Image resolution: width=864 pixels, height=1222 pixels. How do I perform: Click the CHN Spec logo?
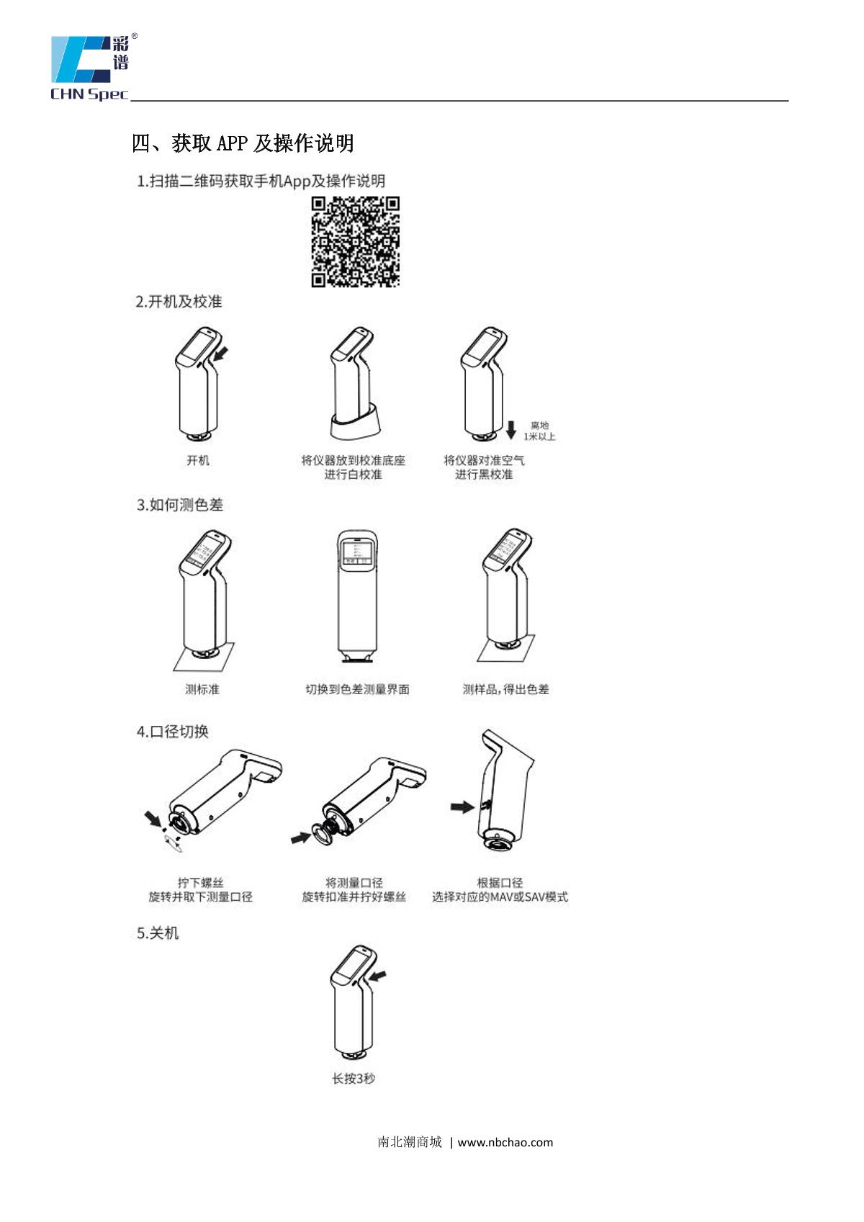coord(94,68)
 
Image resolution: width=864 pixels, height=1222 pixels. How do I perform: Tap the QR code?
coord(355,242)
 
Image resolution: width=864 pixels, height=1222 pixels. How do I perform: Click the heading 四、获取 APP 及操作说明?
coord(243,143)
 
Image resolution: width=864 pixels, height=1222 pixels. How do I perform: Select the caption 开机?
coord(197,460)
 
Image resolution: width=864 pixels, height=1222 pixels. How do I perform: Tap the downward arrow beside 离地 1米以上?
coord(510,430)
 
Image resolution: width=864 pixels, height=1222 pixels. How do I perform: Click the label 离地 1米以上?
coord(539,431)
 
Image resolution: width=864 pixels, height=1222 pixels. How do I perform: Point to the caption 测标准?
coord(202,690)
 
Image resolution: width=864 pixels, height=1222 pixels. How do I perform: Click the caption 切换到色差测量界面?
coord(357,690)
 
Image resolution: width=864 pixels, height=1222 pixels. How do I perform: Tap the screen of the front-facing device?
coord(356,552)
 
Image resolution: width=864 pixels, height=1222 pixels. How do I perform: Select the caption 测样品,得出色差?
coord(505,690)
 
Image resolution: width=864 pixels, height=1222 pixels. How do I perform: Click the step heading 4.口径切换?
coord(172,731)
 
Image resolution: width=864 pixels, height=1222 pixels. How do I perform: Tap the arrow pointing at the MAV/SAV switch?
coord(462,807)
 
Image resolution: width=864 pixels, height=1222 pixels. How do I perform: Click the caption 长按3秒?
coord(354,1079)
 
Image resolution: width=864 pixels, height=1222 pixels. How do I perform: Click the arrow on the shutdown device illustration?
coord(377,975)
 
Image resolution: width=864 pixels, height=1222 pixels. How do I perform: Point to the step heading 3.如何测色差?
coord(179,505)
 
